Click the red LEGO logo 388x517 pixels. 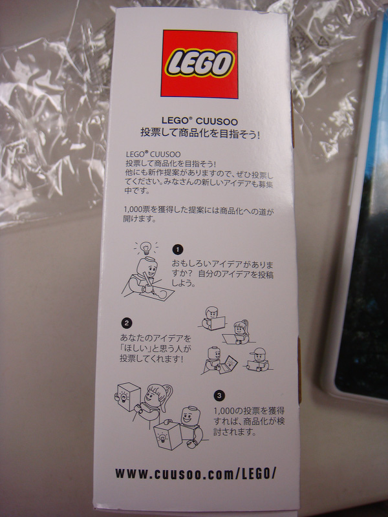pyautogui.click(x=199, y=64)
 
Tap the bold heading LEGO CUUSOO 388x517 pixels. pyautogui.click(x=199, y=121)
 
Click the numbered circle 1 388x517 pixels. pyautogui.click(x=177, y=249)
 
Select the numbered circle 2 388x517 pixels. pyautogui.click(x=127, y=323)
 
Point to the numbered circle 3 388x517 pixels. pyautogui.click(x=219, y=396)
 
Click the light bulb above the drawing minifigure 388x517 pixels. pyautogui.click(x=145, y=247)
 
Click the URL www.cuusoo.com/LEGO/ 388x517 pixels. pyautogui.click(x=195, y=474)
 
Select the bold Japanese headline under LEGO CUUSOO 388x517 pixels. pyautogui.click(x=200, y=134)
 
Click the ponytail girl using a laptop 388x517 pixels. pyautogui.click(x=239, y=331)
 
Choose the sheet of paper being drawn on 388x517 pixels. pyautogui.click(x=157, y=291)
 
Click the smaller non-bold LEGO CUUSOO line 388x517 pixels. pyautogui.click(x=153, y=154)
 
